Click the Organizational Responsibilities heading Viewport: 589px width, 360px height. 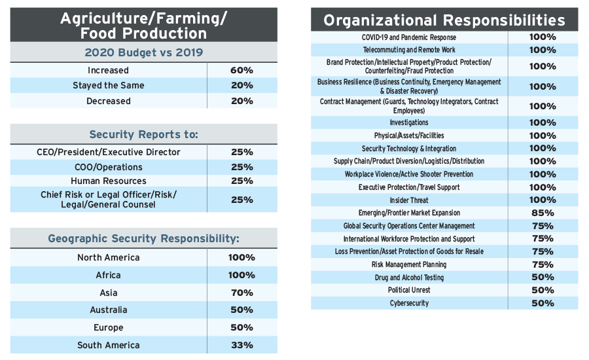[444, 20]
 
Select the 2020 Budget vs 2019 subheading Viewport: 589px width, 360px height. [143, 52]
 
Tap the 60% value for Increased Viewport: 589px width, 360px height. [241, 70]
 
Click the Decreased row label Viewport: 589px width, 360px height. [109, 101]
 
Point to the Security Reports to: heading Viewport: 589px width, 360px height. [143, 134]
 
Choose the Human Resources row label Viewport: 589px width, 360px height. [109, 181]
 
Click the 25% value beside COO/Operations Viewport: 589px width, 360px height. [241, 167]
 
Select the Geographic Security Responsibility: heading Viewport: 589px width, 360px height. [143, 238]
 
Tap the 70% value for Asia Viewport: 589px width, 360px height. [241, 293]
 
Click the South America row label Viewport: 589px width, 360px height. [109, 345]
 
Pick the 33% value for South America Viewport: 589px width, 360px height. [241, 345]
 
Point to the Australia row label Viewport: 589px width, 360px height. [109, 310]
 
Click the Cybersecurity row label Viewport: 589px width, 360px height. [409, 303]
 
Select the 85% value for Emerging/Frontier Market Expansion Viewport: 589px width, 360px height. [542, 213]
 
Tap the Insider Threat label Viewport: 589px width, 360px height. [409, 200]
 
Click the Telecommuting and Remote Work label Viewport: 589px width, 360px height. [409, 50]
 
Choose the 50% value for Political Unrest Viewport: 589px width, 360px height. [542, 290]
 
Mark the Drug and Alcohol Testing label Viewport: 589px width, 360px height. [409, 278]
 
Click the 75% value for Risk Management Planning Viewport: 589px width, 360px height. [542, 264]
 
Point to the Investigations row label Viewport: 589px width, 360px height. [409, 122]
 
